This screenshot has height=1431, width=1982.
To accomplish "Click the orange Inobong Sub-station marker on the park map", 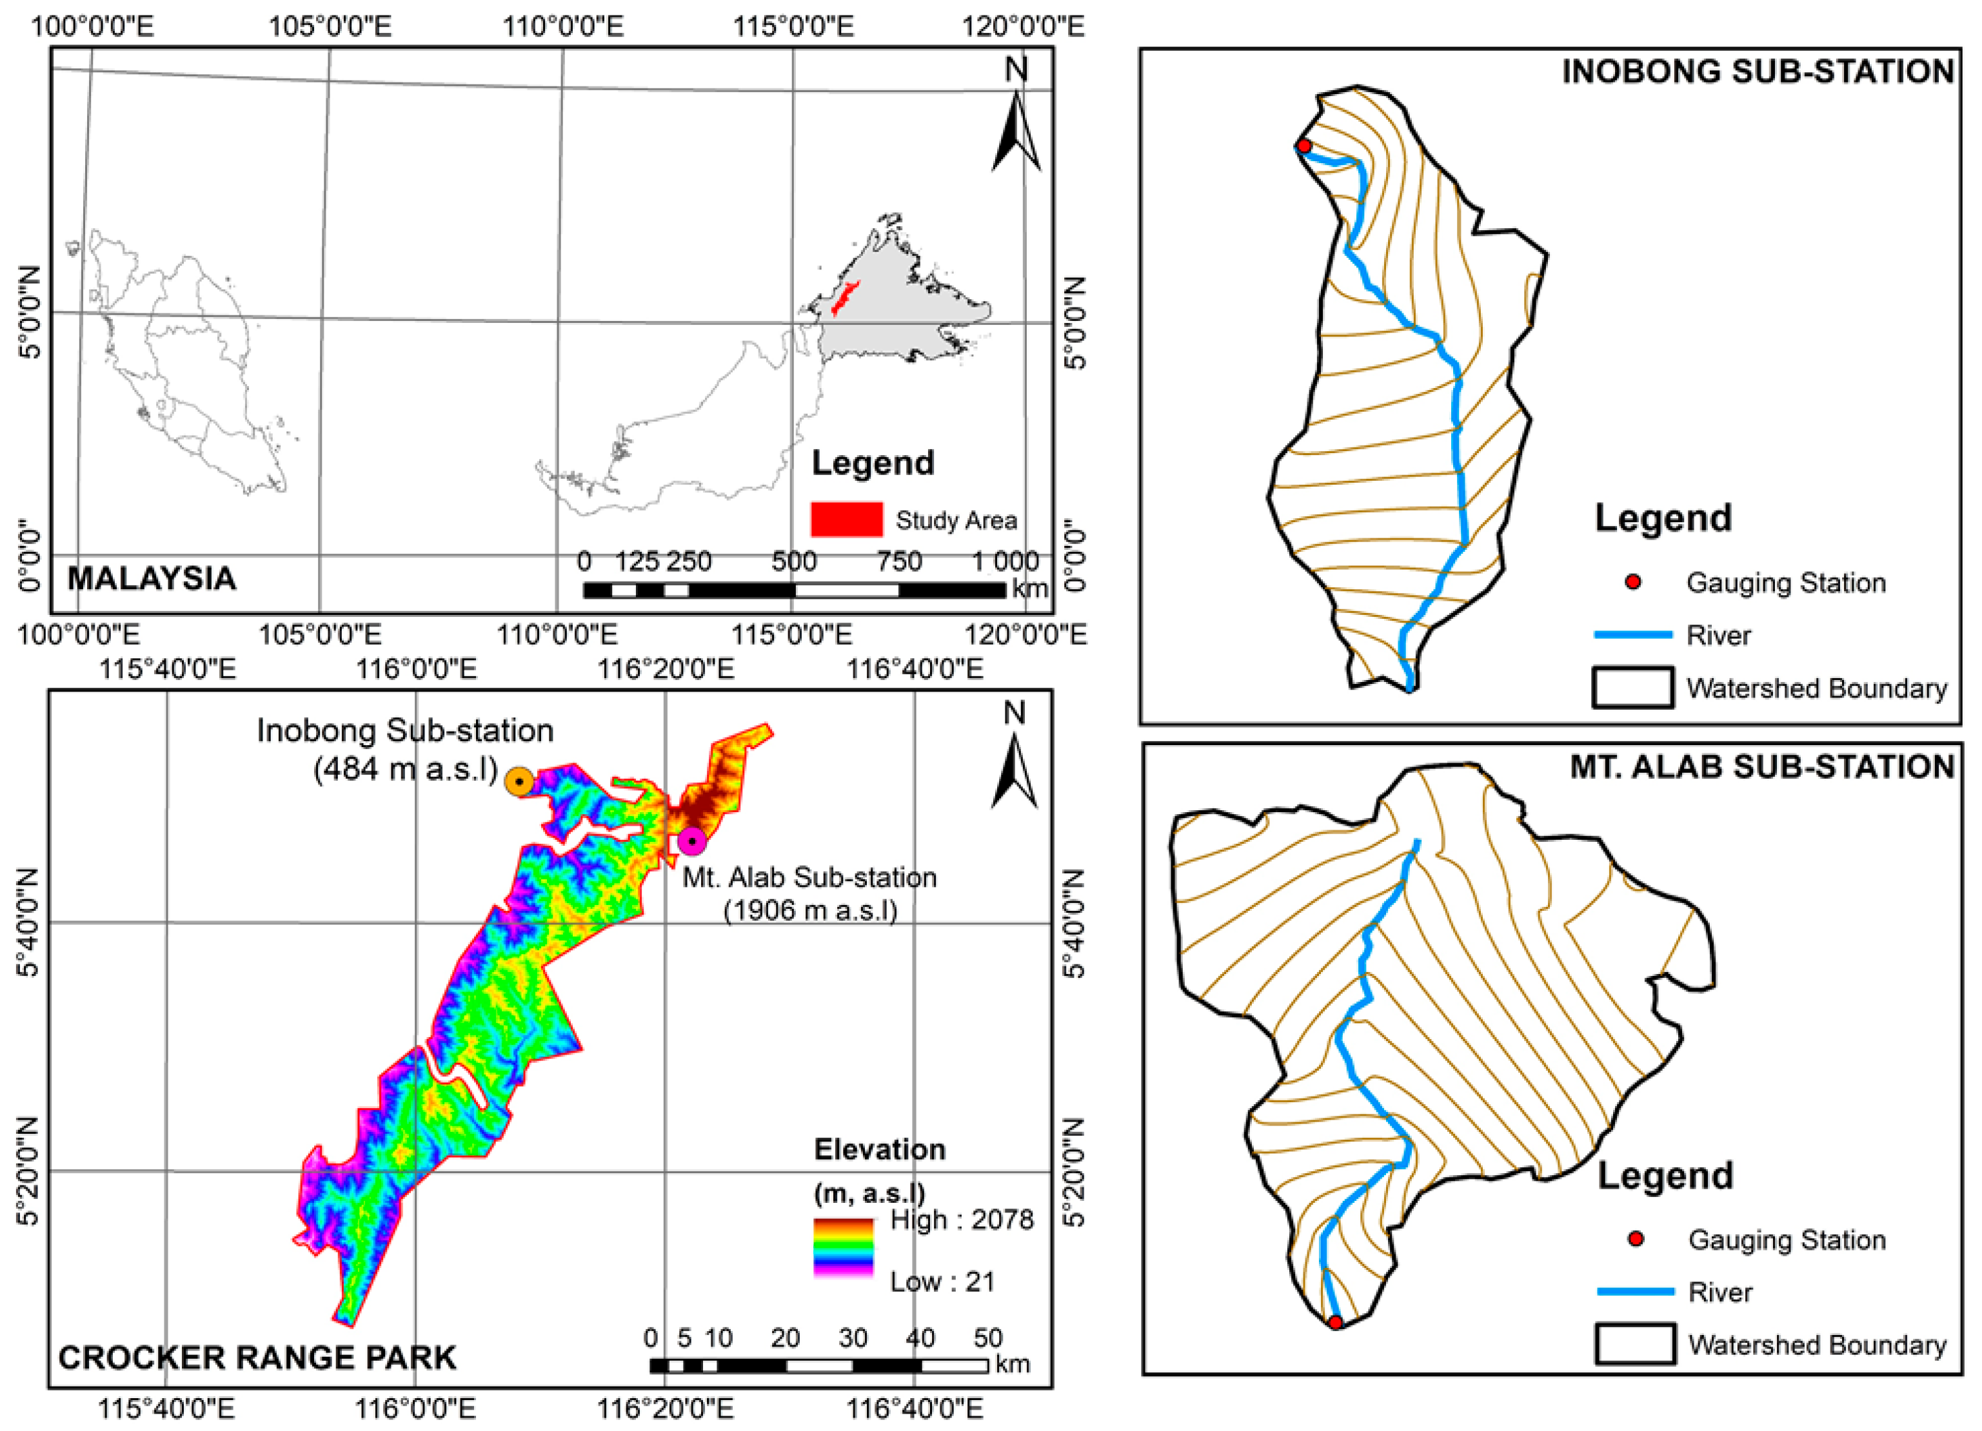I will coord(519,781).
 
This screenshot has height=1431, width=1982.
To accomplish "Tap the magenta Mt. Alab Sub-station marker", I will coord(692,841).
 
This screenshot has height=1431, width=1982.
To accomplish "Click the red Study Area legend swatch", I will coord(846,519).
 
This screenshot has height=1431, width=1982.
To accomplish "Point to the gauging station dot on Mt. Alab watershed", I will coord(1335,1323).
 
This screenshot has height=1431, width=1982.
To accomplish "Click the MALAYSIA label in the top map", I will coord(152,578).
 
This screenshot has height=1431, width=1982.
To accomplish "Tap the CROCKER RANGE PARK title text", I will coord(257,1358).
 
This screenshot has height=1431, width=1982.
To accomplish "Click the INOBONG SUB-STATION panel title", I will coord(1758,72).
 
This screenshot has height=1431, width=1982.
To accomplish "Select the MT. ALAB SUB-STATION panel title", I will coord(1762,767).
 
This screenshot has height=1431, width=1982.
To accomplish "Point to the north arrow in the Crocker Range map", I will coord(1015,769).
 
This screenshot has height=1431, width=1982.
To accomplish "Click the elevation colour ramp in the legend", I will coord(844,1247).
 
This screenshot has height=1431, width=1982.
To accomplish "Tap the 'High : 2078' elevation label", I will coord(961,1220).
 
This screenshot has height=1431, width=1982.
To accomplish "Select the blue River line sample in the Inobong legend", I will coord(1632,634).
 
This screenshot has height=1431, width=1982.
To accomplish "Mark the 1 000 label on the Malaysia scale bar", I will coord(1005,561).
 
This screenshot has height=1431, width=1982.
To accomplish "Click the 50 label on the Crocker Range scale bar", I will coord(987,1338).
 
